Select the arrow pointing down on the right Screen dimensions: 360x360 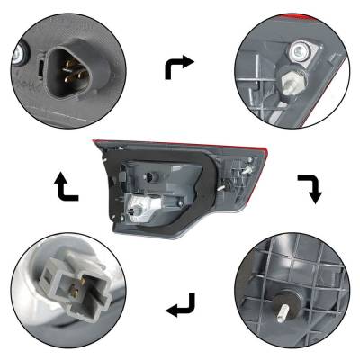pyautogui.click(x=310, y=187)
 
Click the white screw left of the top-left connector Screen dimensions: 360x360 pyautogui.click(x=19, y=59)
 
